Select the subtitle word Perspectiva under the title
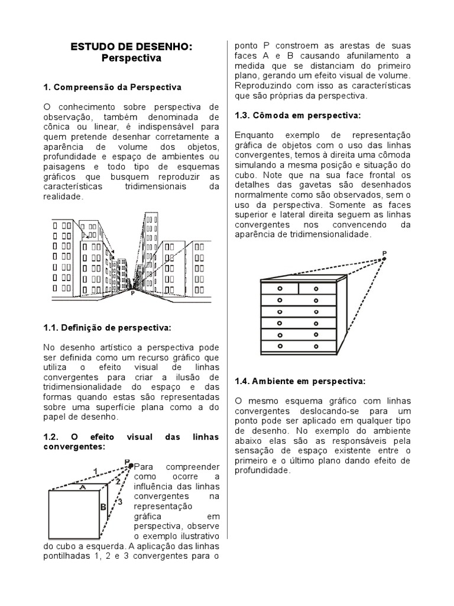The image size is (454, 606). [131, 59]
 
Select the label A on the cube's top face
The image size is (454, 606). [83, 486]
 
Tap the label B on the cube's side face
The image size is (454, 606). [102, 507]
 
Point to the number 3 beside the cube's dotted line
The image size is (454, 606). [119, 502]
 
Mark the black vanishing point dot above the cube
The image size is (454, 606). [130, 466]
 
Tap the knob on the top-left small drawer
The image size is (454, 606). [279, 288]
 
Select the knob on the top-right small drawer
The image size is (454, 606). [316, 288]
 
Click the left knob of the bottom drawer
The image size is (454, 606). [279, 344]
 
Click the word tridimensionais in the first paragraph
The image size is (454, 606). [155, 186]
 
